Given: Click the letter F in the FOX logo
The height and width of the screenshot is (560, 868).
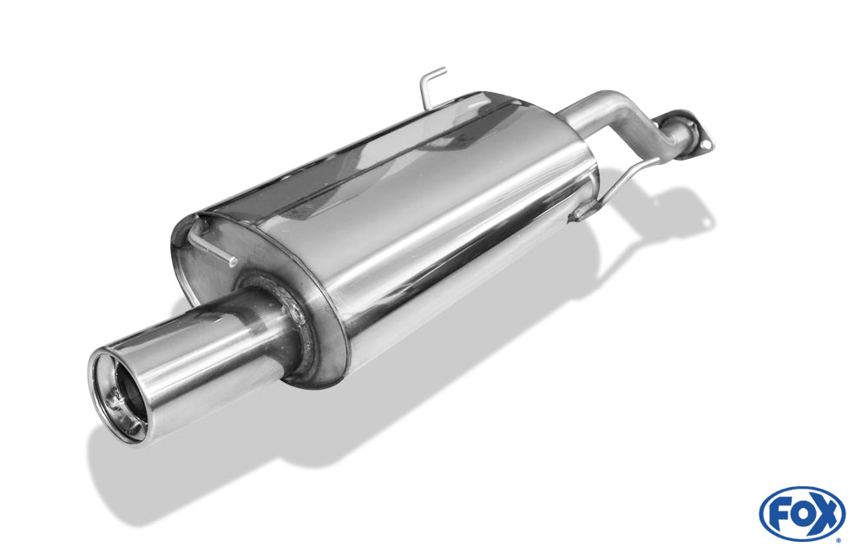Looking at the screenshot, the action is (780, 513).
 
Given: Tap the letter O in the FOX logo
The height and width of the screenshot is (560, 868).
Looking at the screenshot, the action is (800, 513).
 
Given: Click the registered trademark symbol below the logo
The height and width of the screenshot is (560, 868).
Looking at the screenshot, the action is (839, 539).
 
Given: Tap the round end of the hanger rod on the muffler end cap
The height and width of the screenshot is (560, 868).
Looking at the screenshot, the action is (233, 261).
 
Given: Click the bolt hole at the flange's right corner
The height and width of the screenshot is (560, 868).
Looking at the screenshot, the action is (706, 144).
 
